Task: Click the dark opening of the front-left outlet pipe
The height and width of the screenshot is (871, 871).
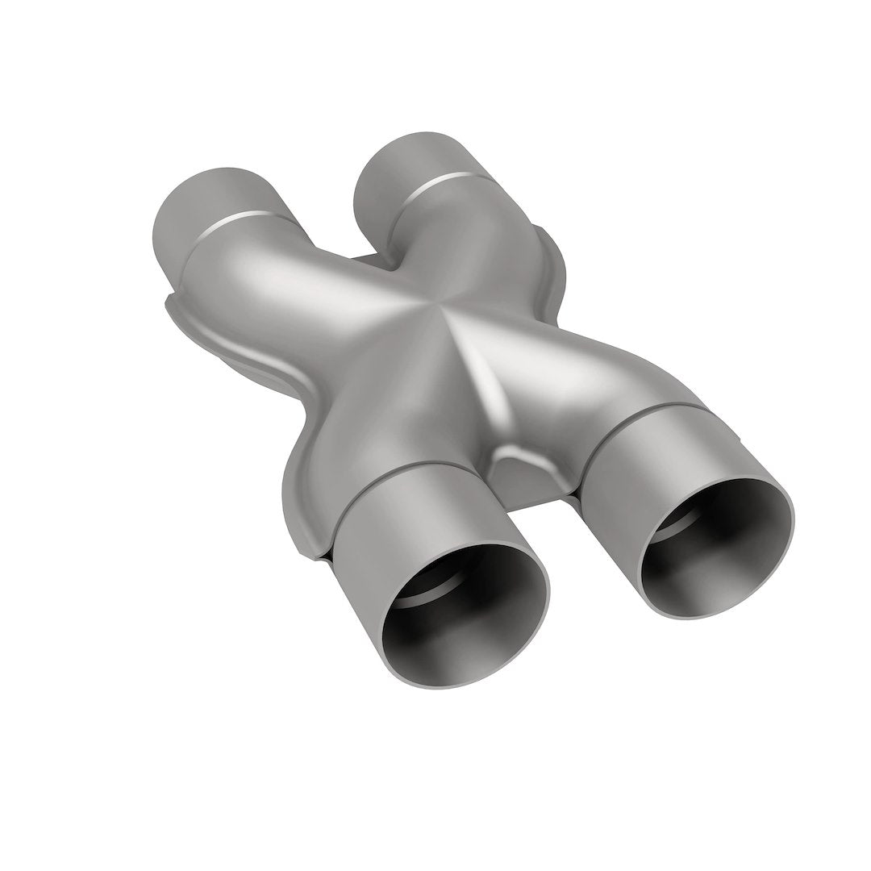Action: pos(460,597)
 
